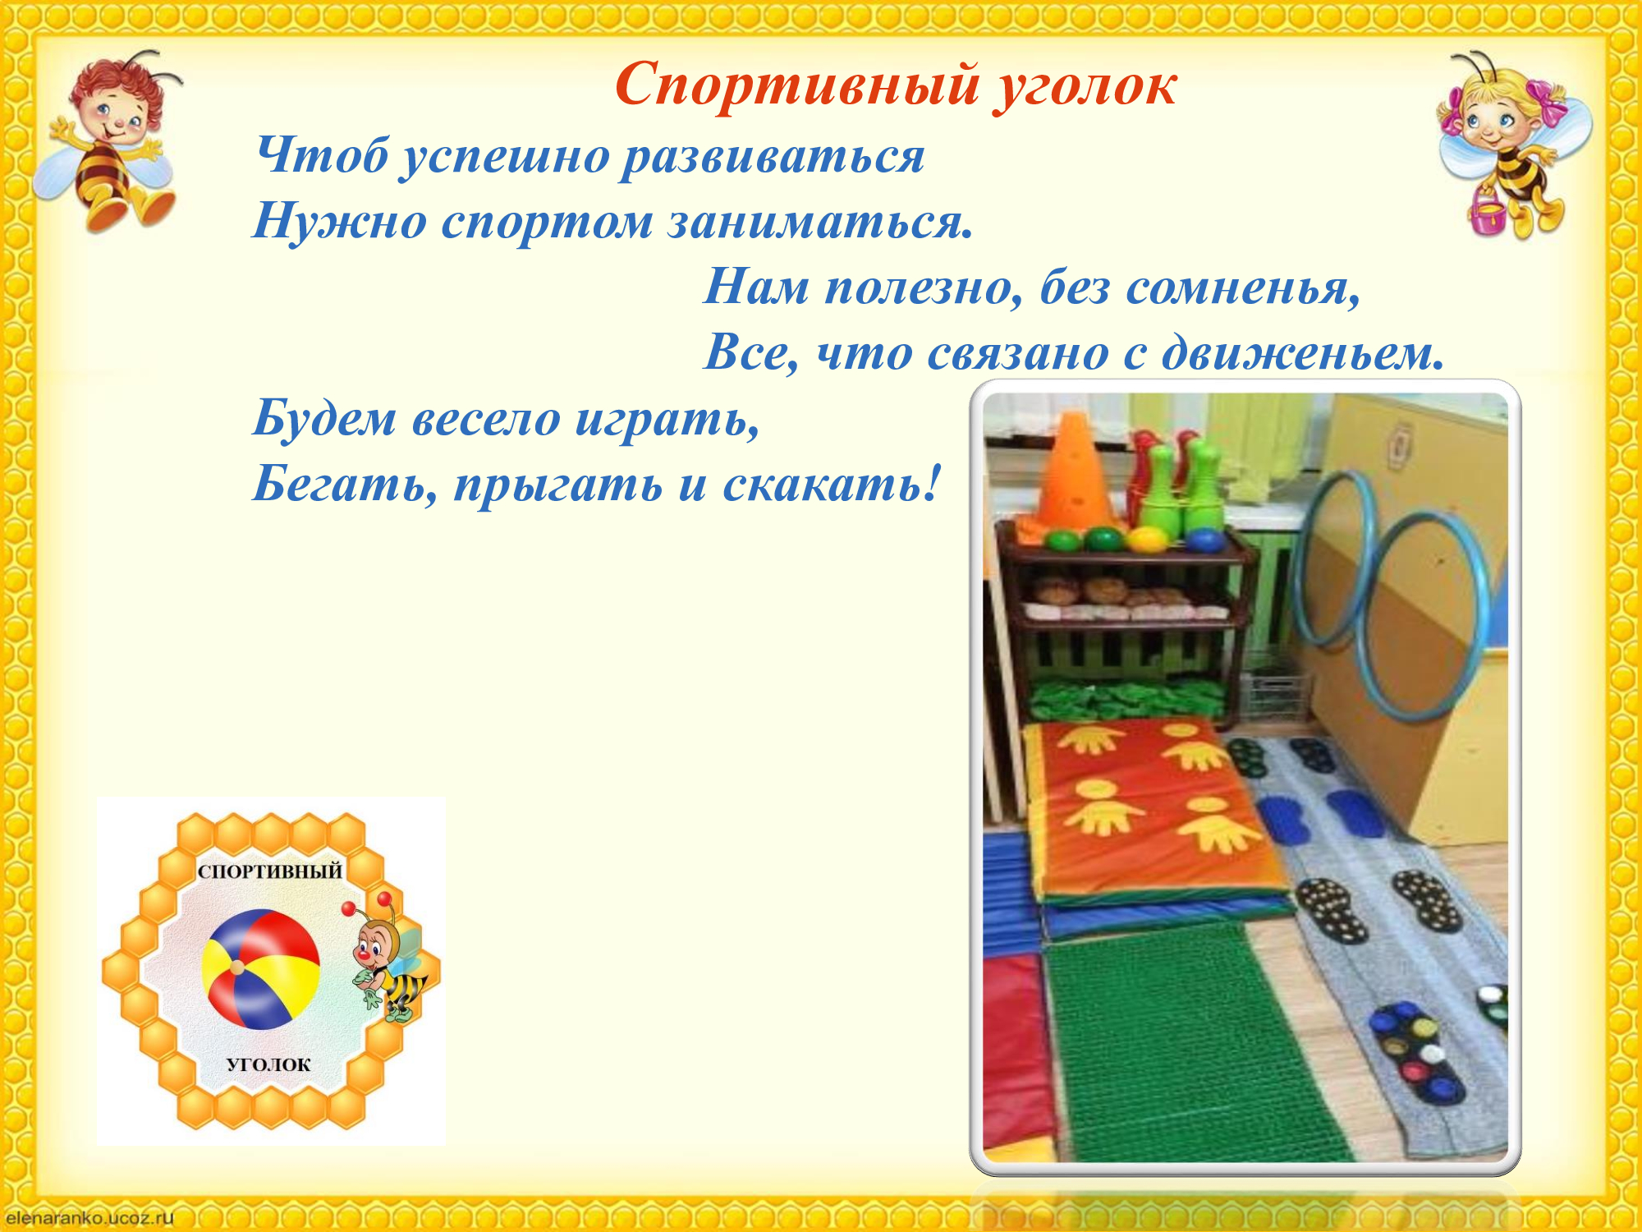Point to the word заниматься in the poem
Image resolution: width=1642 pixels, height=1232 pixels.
point(819,222)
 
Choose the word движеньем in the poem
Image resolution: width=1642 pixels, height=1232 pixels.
point(1304,353)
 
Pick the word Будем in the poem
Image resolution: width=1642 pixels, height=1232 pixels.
point(325,418)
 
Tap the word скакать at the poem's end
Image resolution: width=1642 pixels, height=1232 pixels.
point(830,485)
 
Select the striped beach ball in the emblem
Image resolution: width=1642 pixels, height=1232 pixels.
point(260,969)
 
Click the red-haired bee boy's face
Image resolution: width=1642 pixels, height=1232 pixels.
point(116,115)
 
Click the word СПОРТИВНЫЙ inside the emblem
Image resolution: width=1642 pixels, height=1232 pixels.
point(270,871)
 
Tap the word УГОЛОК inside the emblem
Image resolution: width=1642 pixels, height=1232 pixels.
point(268,1064)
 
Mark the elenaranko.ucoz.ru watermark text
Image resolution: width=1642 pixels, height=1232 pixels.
point(89,1217)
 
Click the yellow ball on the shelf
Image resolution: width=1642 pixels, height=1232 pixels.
point(1145,540)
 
